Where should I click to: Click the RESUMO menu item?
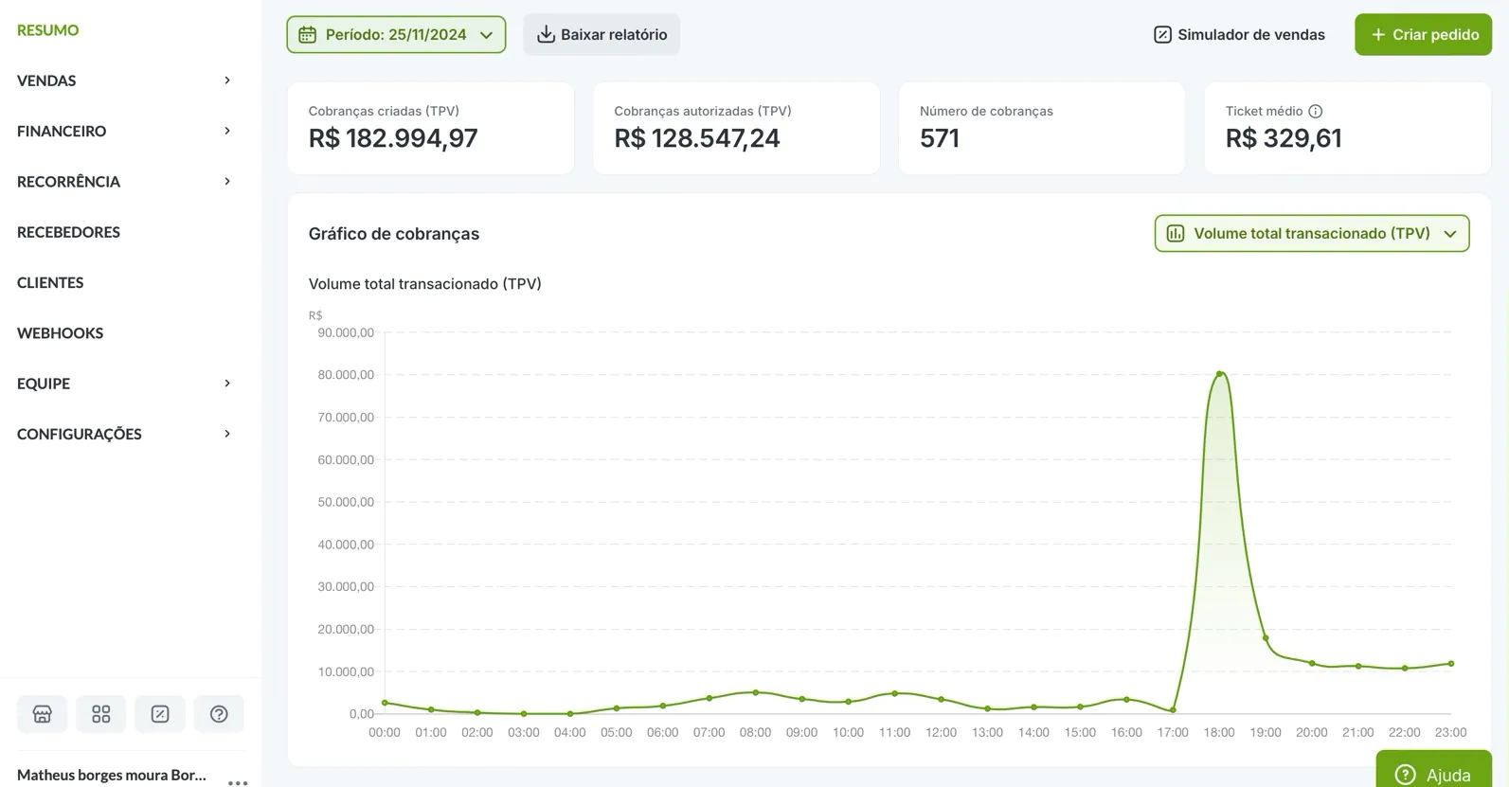pyautogui.click(x=47, y=30)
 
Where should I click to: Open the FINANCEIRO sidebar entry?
pyautogui.click(x=62, y=131)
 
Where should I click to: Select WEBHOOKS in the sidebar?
pyautogui.click(x=60, y=333)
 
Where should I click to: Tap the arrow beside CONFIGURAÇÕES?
pyautogui.click(x=227, y=434)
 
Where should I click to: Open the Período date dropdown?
pyautogui.click(x=396, y=35)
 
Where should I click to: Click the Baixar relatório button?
pyautogui.click(x=602, y=35)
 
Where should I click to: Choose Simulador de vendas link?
pyautogui.click(x=1239, y=35)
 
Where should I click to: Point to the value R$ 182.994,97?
pyautogui.click(x=393, y=138)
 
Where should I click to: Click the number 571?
pyautogui.click(x=940, y=138)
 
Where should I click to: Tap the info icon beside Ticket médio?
pyautogui.click(x=1316, y=111)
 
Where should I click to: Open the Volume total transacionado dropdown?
pyautogui.click(x=1311, y=234)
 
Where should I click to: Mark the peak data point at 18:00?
pyautogui.click(x=1219, y=374)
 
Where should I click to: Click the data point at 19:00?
pyautogui.click(x=1266, y=638)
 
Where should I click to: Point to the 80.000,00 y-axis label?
pyautogui.click(x=346, y=375)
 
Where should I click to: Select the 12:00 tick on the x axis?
pyautogui.click(x=941, y=732)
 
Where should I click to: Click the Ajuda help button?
pyautogui.click(x=1433, y=774)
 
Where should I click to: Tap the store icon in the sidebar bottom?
pyautogui.click(x=43, y=714)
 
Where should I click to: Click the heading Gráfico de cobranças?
pyautogui.click(x=394, y=234)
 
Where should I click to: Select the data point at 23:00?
pyautogui.click(x=1451, y=664)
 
